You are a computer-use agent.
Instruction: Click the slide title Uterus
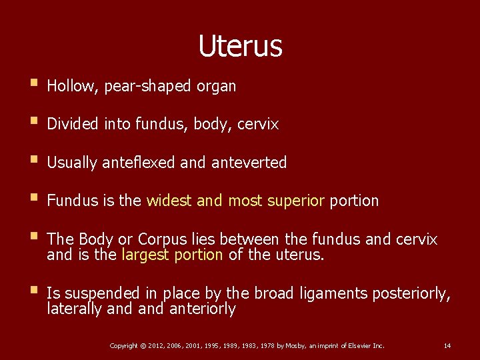click(x=240, y=46)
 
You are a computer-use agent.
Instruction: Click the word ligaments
click(x=336, y=294)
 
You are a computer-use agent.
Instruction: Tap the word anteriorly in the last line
click(x=203, y=309)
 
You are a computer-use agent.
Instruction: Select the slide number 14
click(x=447, y=345)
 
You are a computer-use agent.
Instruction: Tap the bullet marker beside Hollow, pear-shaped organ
click(x=33, y=85)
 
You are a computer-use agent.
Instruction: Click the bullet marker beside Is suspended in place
click(x=33, y=292)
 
